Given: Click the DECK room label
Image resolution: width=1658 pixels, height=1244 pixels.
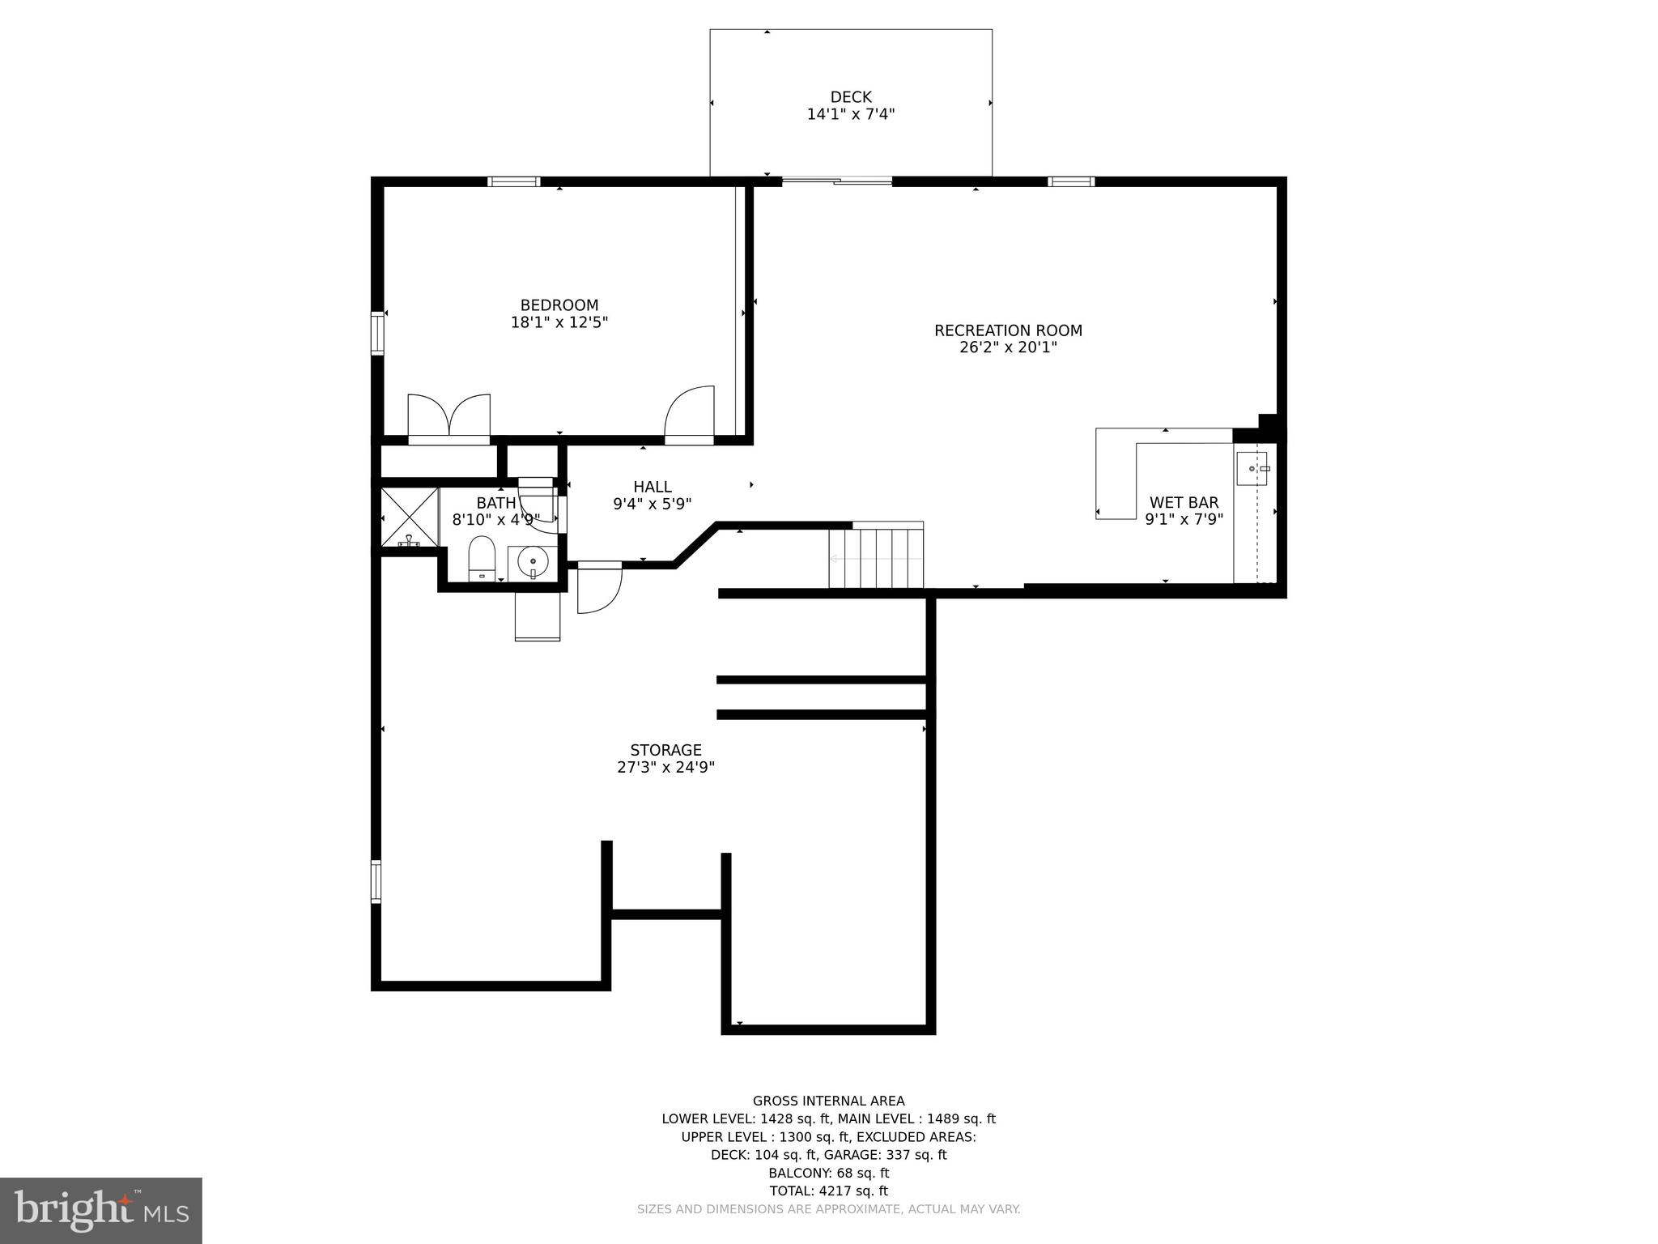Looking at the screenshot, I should (850, 97).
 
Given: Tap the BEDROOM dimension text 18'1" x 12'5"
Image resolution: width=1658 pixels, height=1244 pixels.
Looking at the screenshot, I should (559, 322).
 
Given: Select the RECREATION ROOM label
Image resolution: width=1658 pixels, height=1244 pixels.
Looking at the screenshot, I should (1008, 330).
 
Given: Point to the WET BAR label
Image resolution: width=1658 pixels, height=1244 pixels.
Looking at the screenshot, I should (1184, 503).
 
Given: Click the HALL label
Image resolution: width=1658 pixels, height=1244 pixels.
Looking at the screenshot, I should (652, 487).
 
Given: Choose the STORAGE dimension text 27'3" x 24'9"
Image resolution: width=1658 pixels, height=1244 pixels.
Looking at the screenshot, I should (665, 767).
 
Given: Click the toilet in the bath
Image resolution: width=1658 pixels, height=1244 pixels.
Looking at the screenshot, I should (482, 557).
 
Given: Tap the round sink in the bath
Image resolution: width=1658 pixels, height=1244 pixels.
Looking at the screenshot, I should (533, 561).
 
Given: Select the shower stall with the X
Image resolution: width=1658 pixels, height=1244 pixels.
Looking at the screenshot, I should (409, 516).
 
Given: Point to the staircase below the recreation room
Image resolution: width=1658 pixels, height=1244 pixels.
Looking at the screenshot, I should (876, 558).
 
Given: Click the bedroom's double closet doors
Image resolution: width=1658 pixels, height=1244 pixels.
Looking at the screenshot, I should (449, 418).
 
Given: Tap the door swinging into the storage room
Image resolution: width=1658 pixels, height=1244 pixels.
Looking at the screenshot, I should (599, 589).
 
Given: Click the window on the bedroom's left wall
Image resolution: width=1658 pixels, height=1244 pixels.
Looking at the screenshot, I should (377, 333).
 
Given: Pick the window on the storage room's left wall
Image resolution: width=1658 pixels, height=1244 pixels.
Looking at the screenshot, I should (376, 881).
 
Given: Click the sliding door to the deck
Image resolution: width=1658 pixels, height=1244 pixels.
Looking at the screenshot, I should (836, 181).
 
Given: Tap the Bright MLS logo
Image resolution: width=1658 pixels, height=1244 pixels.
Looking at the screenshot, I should (100, 1210).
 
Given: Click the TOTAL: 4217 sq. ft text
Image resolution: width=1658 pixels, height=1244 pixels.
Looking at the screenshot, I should (828, 1191).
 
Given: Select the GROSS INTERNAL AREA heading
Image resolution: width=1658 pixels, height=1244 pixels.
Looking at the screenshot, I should (828, 1101).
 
